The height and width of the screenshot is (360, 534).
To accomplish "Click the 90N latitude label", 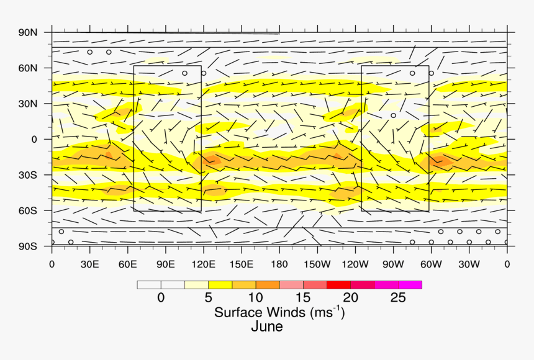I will click(x=28, y=32).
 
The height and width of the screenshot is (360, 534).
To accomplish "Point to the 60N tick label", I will click(x=28, y=68).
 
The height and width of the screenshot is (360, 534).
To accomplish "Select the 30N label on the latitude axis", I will click(x=28, y=104).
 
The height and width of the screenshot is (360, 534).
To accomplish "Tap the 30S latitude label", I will click(x=28, y=175).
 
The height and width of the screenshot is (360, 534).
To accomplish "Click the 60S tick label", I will click(x=28, y=210).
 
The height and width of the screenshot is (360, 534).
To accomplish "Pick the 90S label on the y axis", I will click(x=28, y=246).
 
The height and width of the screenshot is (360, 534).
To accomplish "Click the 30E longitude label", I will click(x=89, y=264).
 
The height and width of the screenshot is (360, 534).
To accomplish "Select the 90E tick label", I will click(x=165, y=264).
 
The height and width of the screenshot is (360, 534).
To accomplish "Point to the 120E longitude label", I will click(x=203, y=264).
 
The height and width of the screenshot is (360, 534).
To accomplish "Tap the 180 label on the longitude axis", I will click(x=279, y=264).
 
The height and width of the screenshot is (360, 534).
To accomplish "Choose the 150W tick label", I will click(x=317, y=264).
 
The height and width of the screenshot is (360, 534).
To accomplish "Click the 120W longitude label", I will click(x=355, y=264).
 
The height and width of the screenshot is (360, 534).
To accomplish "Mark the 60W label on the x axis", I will click(x=431, y=264).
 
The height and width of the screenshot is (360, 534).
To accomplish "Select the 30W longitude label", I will click(x=469, y=264).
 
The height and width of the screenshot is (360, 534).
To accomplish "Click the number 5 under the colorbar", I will click(x=209, y=298).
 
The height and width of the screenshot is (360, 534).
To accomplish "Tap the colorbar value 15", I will click(x=303, y=298).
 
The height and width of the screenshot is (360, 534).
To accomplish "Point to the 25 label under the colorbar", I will click(x=398, y=298).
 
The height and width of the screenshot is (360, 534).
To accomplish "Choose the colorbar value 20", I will click(x=351, y=298).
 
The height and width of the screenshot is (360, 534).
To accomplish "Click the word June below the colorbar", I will click(x=267, y=326).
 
